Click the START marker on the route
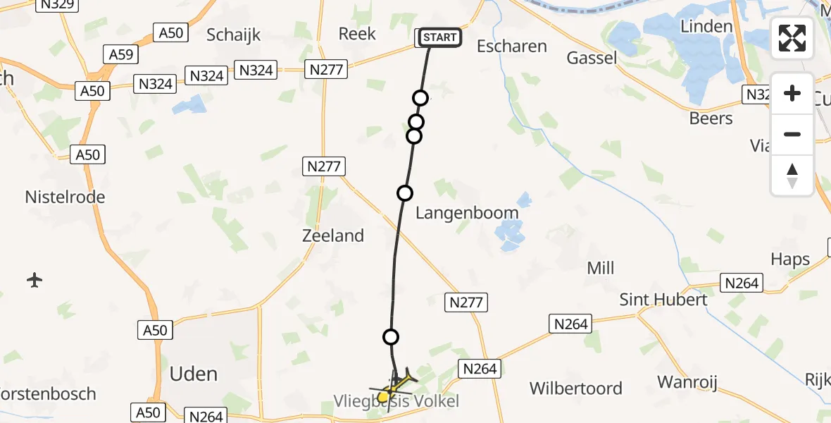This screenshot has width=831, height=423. [440, 37]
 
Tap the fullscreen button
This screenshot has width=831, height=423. [792, 37]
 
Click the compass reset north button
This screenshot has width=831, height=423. [792, 176]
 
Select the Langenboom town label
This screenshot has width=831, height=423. [467, 213]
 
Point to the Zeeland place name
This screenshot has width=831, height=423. [333, 235]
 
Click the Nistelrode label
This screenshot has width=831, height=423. [65, 197]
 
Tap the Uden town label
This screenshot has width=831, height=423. [194, 373]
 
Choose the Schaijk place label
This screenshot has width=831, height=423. [234, 34]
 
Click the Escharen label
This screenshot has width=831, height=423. [512, 47]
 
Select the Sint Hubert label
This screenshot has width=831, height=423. [663, 299]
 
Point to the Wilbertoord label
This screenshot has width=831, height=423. [576, 388]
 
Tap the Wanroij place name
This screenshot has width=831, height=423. [687, 382]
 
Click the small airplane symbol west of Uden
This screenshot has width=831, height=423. [34, 280]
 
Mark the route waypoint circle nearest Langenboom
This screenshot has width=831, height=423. [405, 192]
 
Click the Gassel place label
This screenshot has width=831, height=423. [592, 58]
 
